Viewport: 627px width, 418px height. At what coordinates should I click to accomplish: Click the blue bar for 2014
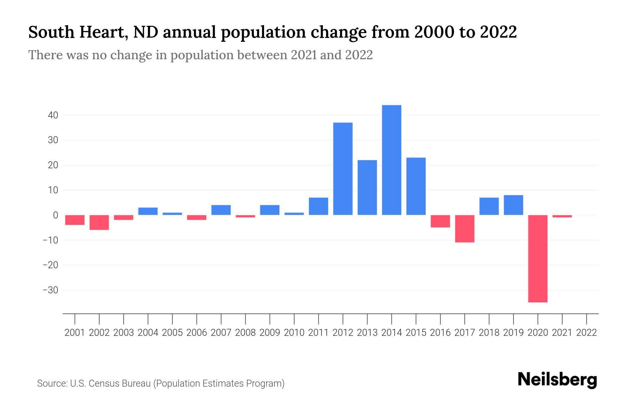[x=392, y=160]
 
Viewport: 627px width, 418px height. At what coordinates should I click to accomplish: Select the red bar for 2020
[x=538, y=258]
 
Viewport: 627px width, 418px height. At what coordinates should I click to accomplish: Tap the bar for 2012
[x=343, y=169]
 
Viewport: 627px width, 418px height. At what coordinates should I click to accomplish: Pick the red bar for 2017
[x=465, y=229]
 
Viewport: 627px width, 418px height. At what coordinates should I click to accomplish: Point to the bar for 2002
[x=99, y=222]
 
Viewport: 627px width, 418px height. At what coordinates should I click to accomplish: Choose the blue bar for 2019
[x=513, y=205]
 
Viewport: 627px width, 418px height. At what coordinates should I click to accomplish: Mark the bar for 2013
[x=367, y=187]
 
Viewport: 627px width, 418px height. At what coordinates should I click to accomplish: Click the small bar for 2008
[x=246, y=216]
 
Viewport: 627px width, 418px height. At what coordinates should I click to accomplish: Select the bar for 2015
[x=416, y=186]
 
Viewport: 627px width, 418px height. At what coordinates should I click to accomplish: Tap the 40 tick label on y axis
[x=53, y=115]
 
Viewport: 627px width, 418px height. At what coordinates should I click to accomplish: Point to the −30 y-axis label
[x=50, y=290]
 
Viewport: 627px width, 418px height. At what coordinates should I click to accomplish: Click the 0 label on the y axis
[x=55, y=215]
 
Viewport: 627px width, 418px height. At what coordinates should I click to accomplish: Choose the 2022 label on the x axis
[x=587, y=333]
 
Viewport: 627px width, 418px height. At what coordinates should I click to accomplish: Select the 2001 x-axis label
[x=75, y=333]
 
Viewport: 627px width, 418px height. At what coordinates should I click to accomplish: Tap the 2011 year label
[x=318, y=333]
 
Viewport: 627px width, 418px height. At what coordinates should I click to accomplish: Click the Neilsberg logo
[x=557, y=380]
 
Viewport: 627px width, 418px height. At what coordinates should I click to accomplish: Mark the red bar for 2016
[x=440, y=221]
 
